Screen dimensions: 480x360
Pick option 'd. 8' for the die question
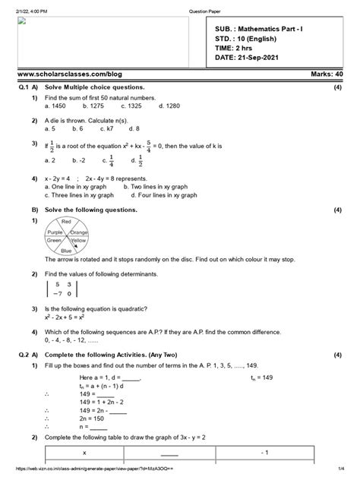click(x=136, y=128)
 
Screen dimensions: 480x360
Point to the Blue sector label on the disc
click(x=66, y=250)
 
